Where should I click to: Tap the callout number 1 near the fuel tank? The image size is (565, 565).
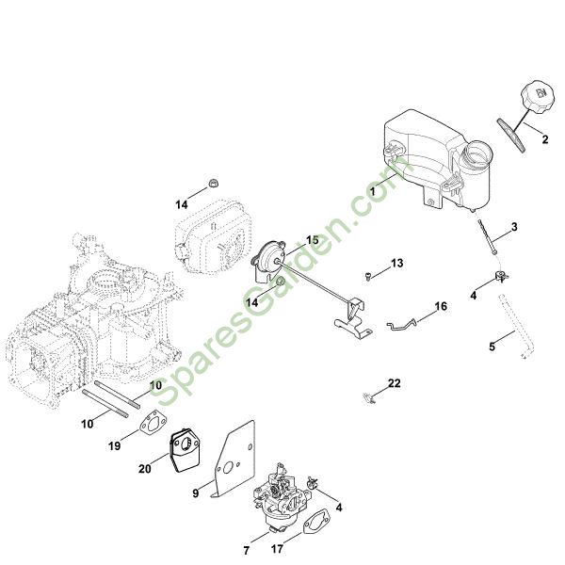[373, 191]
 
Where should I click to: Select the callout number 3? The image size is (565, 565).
[514, 227]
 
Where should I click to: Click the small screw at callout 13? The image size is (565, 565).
[368, 276]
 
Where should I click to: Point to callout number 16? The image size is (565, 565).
[441, 306]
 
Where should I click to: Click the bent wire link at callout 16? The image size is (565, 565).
[401, 324]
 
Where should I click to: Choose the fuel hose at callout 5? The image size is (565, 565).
[516, 327]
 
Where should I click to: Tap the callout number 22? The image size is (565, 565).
[395, 383]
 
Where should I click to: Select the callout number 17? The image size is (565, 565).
[277, 549]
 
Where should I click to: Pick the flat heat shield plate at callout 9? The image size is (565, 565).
[234, 460]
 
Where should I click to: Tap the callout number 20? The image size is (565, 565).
[145, 469]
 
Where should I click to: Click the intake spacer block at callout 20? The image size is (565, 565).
[185, 450]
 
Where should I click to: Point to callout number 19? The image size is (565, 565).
[114, 446]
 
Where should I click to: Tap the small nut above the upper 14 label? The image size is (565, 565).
[214, 182]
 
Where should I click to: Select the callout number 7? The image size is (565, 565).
[247, 551]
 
